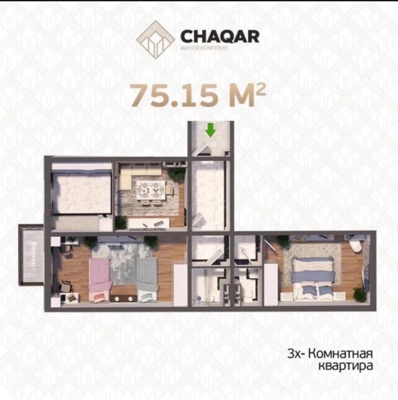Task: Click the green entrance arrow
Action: coord(211,130)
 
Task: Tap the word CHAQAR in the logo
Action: coord(220,36)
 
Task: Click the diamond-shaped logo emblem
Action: coord(155,40)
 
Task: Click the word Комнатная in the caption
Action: coord(341,354)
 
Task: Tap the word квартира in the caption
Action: coord(346,366)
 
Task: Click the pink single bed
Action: coord(100,280)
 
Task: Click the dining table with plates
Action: coord(150,190)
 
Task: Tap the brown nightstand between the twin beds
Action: coord(124,299)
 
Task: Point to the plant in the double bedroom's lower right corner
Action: coord(360,294)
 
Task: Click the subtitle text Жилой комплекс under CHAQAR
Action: coord(204,48)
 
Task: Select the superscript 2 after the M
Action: coord(260,91)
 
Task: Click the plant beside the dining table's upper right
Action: coord(177,175)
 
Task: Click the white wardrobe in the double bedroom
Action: coord(271,284)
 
